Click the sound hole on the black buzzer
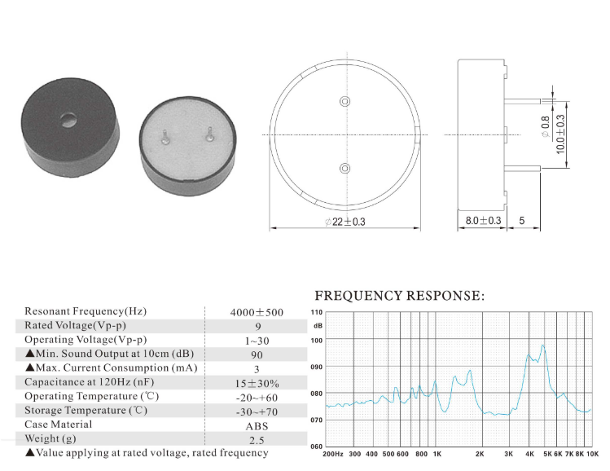[x=68, y=120]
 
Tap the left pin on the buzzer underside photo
[x=165, y=136]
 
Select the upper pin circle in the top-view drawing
[x=344, y=101]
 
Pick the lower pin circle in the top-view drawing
[x=344, y=168]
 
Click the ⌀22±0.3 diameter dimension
[x=345, y=222]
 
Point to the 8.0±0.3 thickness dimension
[x=483, y=221]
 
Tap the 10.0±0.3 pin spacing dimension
[x=560, y=134]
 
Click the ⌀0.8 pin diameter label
[x=546, y=127]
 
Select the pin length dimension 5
[x=522, y=221]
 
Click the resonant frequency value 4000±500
[x=257, y=312]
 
